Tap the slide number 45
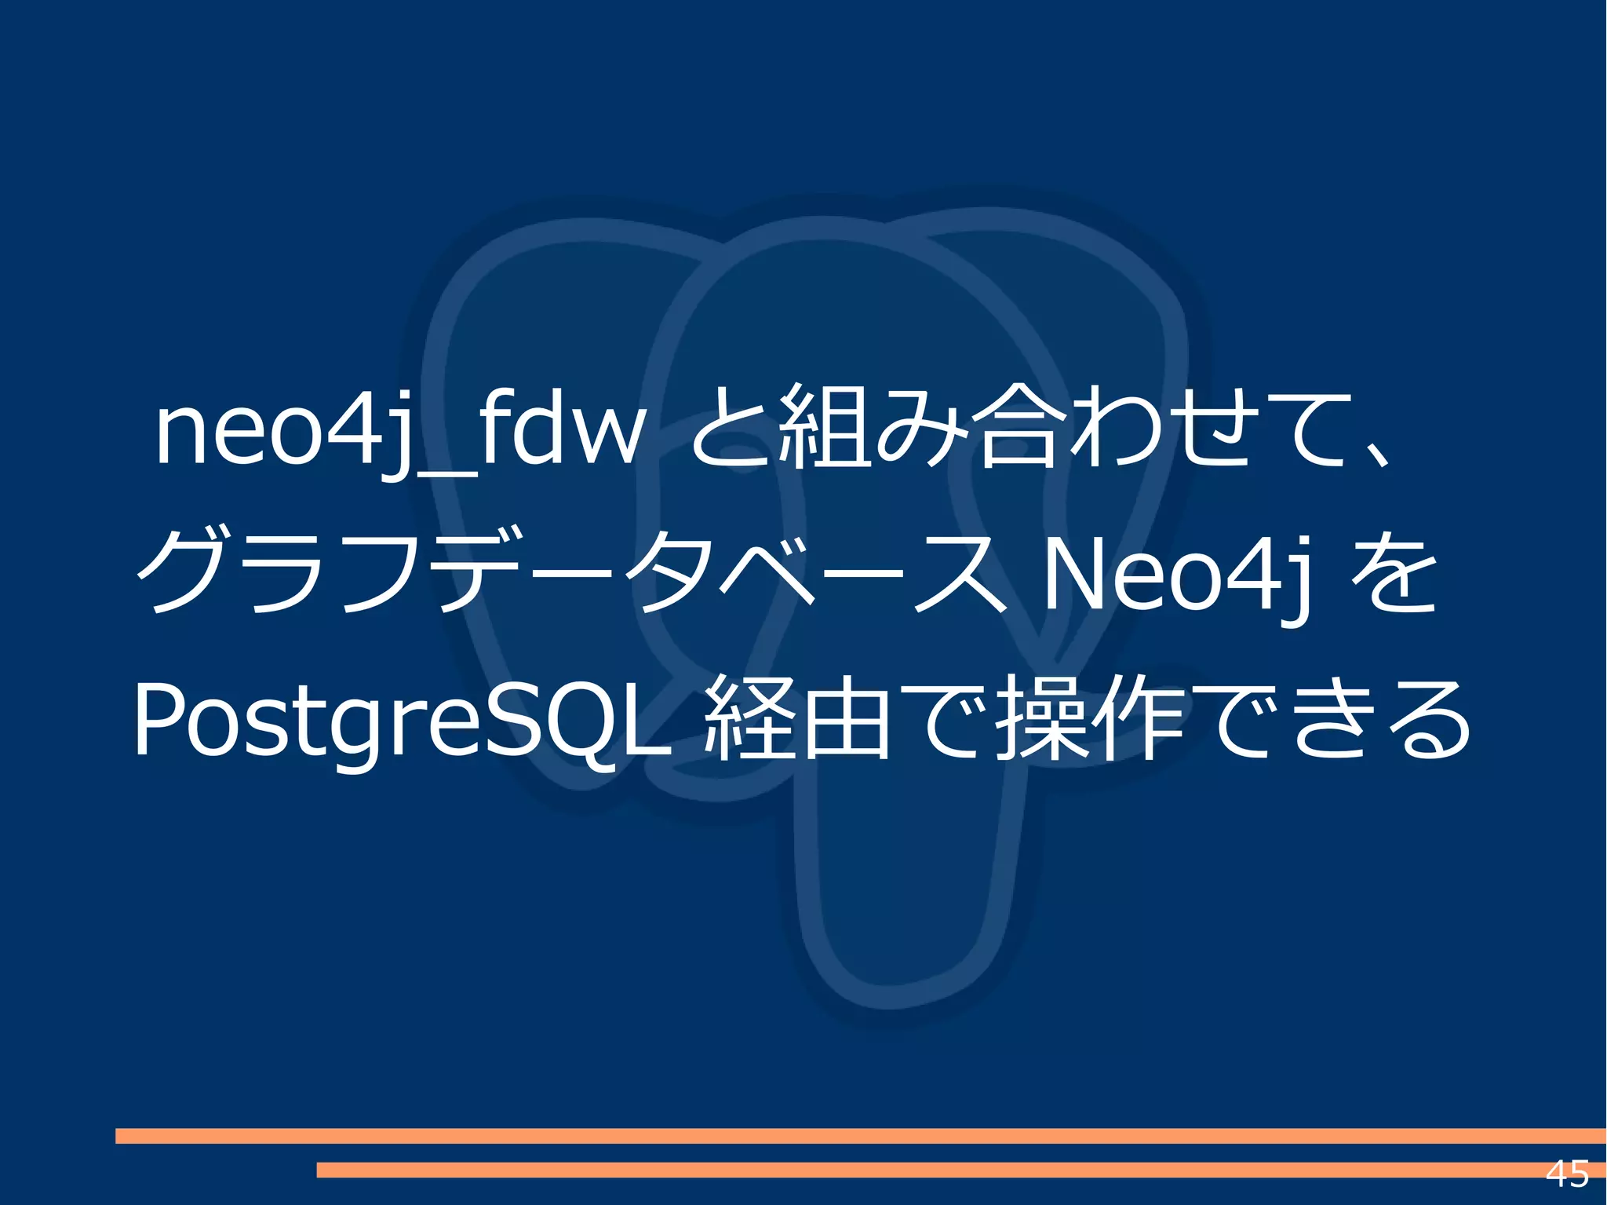(x=1567, y=1174)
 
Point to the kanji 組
(x=824, y=428)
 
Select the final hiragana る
(x=1428, y=721)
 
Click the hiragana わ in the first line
(x=1114, y=428)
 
